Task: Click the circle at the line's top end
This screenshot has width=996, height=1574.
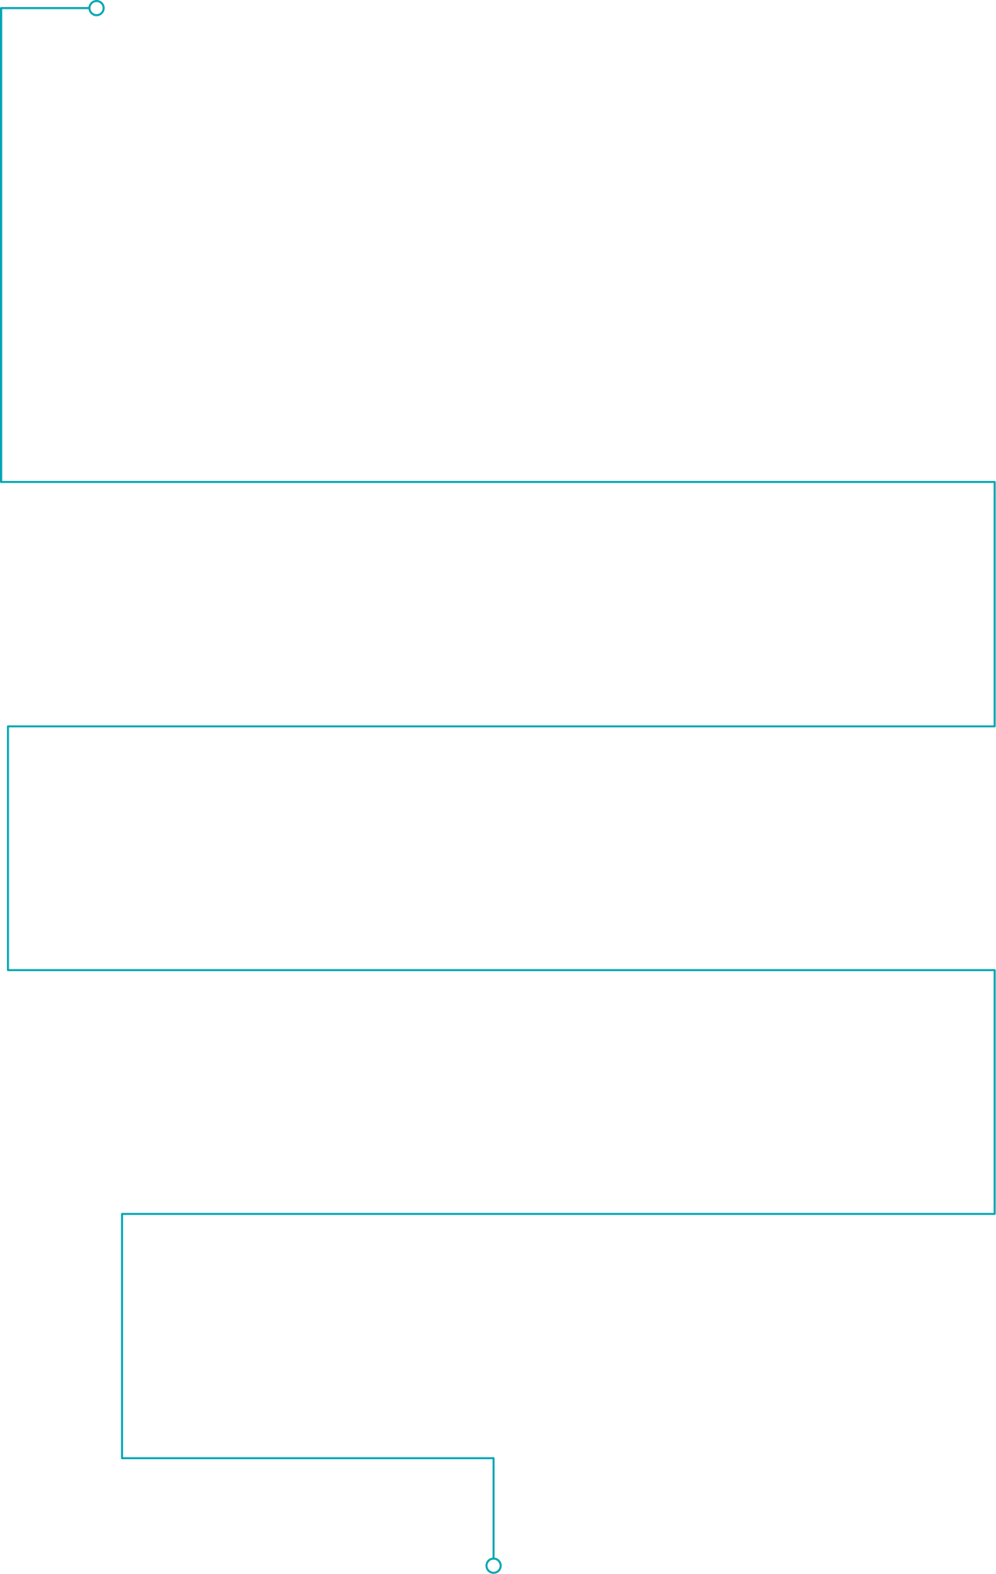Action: point(96,9)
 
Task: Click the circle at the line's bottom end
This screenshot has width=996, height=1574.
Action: point(493,1565)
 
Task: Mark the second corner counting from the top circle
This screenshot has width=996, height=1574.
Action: point(3,481)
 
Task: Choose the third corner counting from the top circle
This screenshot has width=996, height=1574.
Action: point(993,482)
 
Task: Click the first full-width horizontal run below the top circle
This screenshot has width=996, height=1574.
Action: point(496,481)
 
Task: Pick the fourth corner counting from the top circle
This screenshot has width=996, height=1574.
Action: point(993,726)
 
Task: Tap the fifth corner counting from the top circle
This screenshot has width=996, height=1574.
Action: point(9,726)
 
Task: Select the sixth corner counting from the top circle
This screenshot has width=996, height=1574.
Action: point(9,970)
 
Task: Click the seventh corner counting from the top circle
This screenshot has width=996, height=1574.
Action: point(993,970)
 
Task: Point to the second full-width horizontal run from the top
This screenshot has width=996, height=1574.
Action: point(496,726)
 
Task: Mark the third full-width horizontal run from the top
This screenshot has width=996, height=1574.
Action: point(496,970)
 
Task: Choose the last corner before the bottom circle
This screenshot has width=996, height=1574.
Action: point(494,1458)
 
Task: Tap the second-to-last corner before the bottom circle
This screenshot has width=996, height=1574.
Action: point(122,1458)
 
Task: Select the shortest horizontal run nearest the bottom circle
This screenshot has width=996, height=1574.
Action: point(307,1458)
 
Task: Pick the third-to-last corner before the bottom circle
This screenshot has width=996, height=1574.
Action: point(122,1214)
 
